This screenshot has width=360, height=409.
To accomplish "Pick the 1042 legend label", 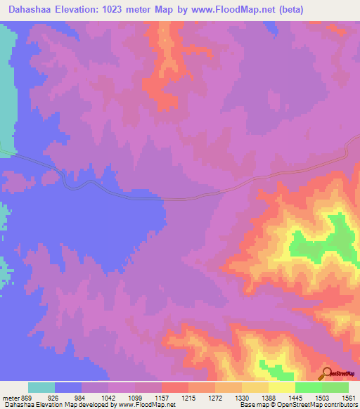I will pyautogui.click(x=108, y=398).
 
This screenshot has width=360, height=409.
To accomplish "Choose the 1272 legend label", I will pyautogui.click(x=216, y=398).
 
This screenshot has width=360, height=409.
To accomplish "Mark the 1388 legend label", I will pyautogui.click(x=269, y=398).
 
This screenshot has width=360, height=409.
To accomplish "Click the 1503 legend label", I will pyautogui.click(x=323, y=398).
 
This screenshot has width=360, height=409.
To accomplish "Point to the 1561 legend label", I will pyautogui.click(x=349, y=398).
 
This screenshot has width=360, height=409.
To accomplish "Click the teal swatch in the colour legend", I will pyautogui.click(x=41, y=387).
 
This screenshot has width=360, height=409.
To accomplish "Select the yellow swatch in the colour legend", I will pyautogui.click(x=281, y=387).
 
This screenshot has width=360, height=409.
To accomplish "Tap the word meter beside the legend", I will pyautogui.click(x=9, y=398).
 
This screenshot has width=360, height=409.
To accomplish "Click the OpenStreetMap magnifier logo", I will pyautogui.click(x=326, y=374).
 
